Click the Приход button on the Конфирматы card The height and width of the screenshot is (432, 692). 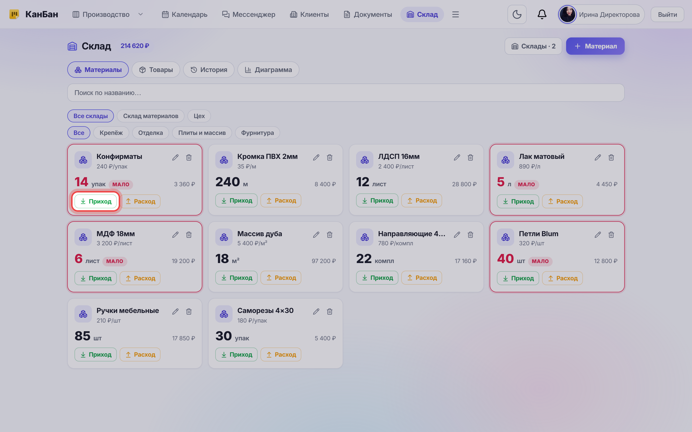pyautogui.click(x=95, y=201)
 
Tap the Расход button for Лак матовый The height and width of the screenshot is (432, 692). pyautogui.click(x=562, y=201)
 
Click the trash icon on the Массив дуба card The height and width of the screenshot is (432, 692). pyautogui.click(x=329, y=235)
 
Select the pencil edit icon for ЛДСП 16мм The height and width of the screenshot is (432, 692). pyautogui.click(x=457, y=157)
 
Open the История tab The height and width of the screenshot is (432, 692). pyautogui.click(x=209, y=70)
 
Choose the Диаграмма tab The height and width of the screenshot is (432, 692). pyautogui.click(x=268, y=70)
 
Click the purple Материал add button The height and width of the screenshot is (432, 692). pyautogui.click(x=595, y=46)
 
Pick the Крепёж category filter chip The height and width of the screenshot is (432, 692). pyautogui.click(x=111, y=133)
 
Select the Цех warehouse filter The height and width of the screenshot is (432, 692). pyautogui.click(x=199, y=116)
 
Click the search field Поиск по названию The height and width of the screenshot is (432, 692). pyautogui.click(x=346, y=93)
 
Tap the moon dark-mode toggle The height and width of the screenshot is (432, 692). pyautogui.click(x=517, y=14)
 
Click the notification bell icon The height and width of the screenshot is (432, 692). pyautogui.click(x=542, y=14)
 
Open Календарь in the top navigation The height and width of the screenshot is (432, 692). pyautogui.click(x=185, y=14)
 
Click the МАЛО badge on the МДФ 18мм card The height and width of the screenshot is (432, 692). pyautogui.click(x=115, y=261)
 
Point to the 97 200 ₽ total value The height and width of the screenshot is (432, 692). pyautogui.click(x=324, y=261)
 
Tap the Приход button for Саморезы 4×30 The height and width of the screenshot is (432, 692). pyautogui.click(x=236, y=354)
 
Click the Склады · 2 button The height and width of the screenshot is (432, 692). pyautogui.click(x=533, y=46)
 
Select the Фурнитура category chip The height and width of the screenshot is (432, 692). pyautogui.click(x=257, y=133)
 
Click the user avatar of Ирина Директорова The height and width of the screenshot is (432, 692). pyautogui.click(x=567, y=14)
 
